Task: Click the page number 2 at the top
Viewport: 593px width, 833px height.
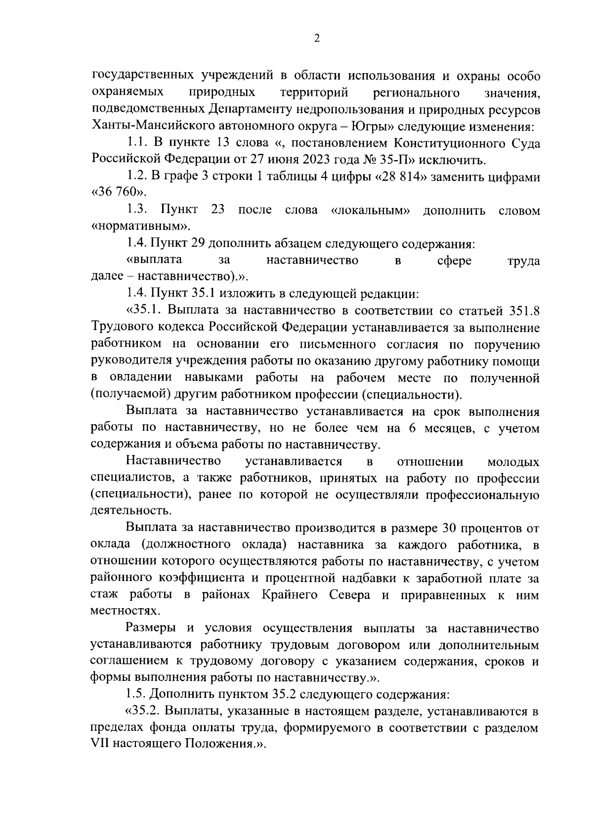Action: pyautogui.click(x=317, y=39)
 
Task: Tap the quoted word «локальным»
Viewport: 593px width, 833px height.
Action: pyautogui.click(x=370, y=210)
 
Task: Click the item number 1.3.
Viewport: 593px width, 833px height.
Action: pyautogui.click(x=137, y=210)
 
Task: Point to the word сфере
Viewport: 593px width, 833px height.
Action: pyautogui.click(x=454, y=260)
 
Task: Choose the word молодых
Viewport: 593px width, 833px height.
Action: pyautogui.click(x=513, y=462)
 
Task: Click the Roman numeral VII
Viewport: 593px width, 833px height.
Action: pyautogui.click(x=101, y=745)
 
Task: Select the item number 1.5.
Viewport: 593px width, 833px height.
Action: pyautogui.click(x=136, y=695)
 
